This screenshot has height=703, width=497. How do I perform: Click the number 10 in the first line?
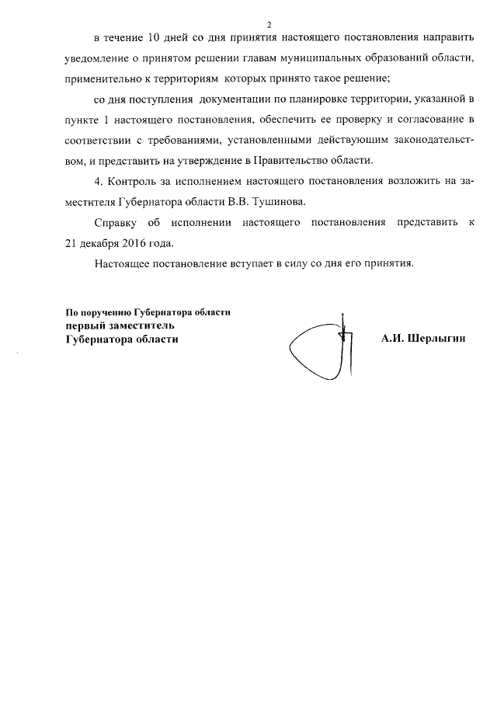154,37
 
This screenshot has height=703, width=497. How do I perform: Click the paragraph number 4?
96,181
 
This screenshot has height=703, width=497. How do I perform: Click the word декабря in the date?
99,242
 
